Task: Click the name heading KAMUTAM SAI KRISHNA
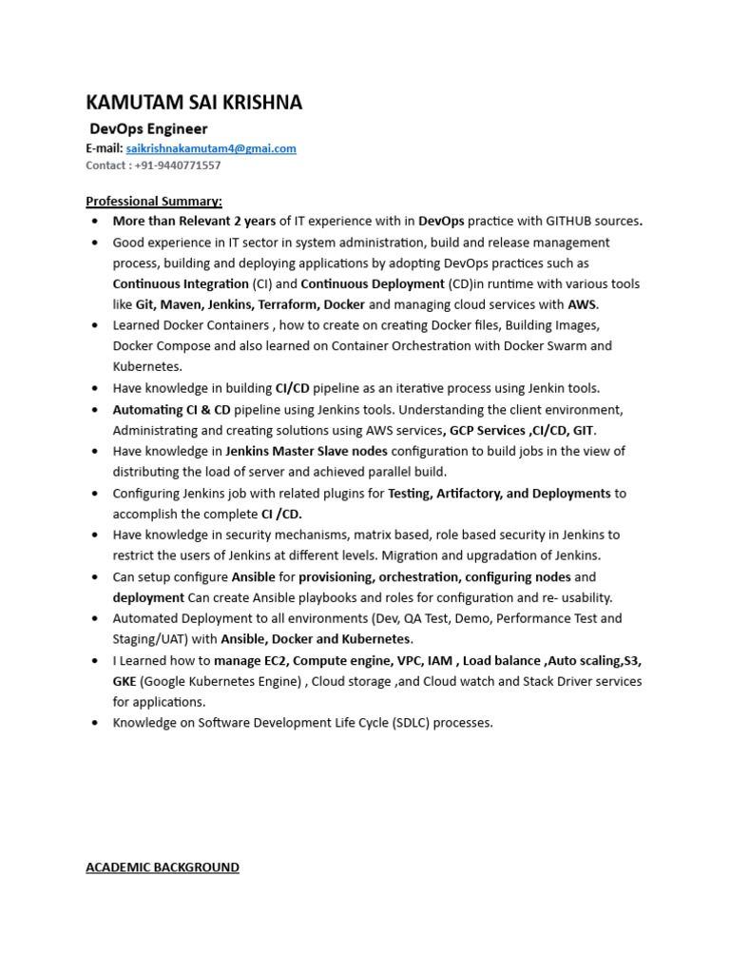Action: (194, 103)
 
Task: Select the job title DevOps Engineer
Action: (148, 128)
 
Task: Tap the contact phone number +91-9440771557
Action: (179, 166)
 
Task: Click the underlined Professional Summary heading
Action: (154, 201)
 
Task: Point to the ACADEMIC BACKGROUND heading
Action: (163, 867)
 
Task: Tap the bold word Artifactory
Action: (468, 494)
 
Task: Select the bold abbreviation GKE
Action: (125, 681)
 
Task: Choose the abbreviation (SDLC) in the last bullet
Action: (406, 723)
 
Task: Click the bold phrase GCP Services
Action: (487, 430)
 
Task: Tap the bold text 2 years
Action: (254, 221)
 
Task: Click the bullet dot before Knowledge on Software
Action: (95, 723)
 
